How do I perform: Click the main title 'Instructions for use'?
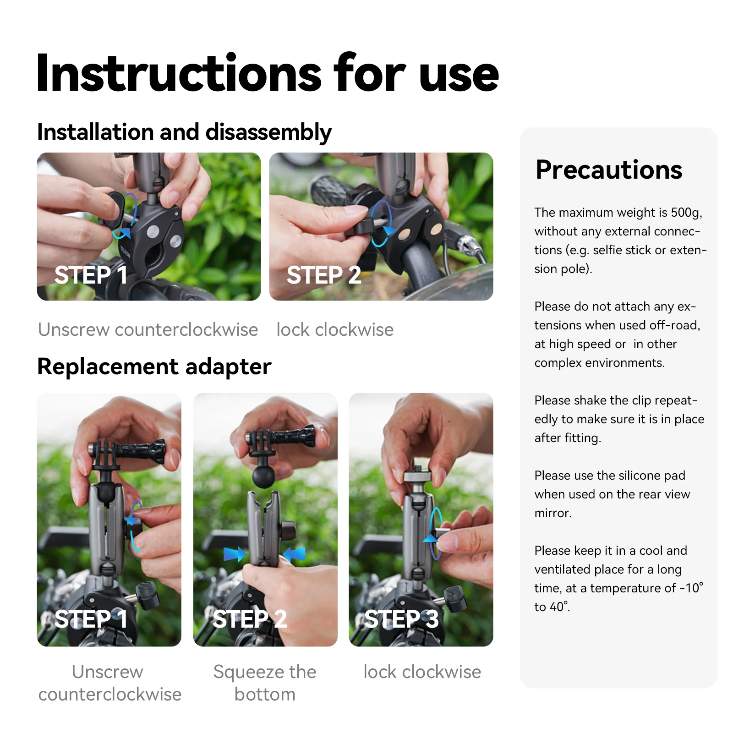click(267, 73)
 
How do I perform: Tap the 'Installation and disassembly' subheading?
click(184, 132)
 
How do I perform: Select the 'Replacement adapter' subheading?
click(154, 366)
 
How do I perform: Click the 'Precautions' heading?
click(608, 170)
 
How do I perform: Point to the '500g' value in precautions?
click(686, 213)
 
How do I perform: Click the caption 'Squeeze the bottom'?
click(265, 683)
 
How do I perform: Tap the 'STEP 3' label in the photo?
click(401, 619)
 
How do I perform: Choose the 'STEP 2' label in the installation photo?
click(323, 275)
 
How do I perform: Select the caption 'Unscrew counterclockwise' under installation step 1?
click(148, 330)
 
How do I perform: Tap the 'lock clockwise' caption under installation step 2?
click(335, 330)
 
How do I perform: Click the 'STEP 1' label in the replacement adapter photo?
click(91, 619)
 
